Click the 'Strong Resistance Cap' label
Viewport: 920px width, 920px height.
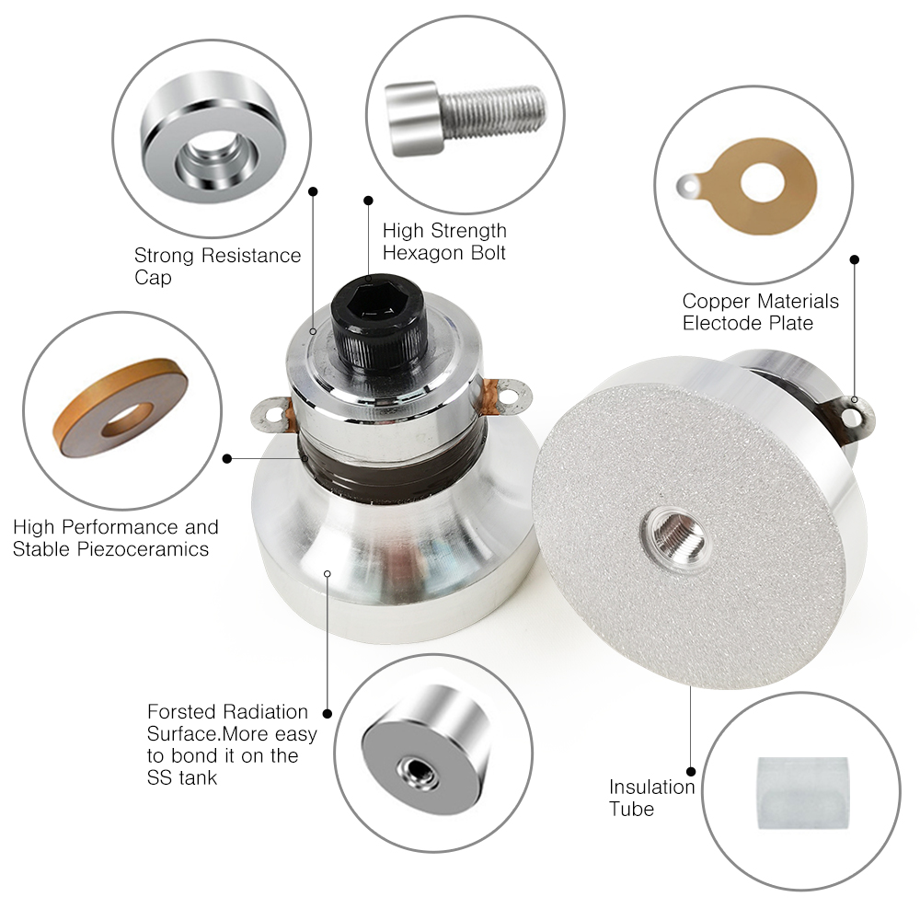pyautogui.click(x=217, y=266)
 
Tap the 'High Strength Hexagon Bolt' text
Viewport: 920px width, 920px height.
pyautogui.click(x=444, y=241)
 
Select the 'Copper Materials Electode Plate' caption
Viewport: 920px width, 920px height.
pyautogui.click(x=761, y=312)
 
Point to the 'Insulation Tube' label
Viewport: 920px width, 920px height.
pyautogui.click(x=652, y=798)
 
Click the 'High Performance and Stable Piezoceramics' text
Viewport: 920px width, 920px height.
pyautogui.click(x=116, y=537)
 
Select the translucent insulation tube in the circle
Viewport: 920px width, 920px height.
pyautogui.click(x=802, y=793)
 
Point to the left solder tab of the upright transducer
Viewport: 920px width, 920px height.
pyautogui.click(x=271, y=415)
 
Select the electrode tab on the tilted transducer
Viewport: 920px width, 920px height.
pyautogui.click(x=852, y=417)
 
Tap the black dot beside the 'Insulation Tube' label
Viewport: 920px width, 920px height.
pyautogui.click(x=691, y=772)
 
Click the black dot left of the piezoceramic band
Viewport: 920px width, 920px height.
pyautogui.click(x=227, y=458)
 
